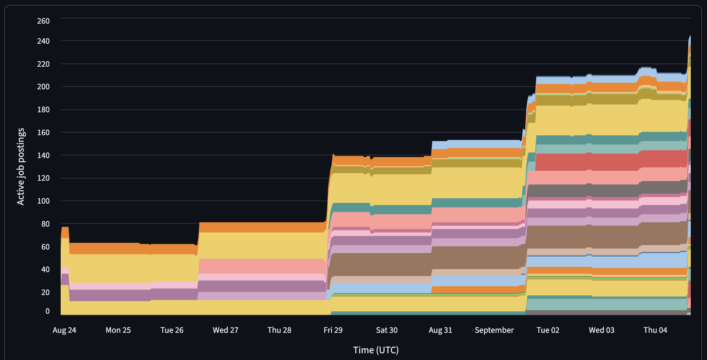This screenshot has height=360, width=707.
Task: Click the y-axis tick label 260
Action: [43, 21]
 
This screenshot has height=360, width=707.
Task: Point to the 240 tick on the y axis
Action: [43, 41]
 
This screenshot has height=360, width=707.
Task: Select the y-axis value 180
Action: [43, 109]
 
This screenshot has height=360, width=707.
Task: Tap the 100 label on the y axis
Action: [43, 201]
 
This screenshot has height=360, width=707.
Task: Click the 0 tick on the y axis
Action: [47, 311]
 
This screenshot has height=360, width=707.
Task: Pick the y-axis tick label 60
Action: [45, 247]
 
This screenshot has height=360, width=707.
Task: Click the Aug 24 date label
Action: [64, 330]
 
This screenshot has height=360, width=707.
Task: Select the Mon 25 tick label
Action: [118, 330]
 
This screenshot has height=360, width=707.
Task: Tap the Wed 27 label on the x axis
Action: [225, 330]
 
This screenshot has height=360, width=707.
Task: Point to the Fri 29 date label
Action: [333, 330]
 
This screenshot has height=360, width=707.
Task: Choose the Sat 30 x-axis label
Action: [387, 330]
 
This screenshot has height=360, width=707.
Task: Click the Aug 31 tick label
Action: [440, 330]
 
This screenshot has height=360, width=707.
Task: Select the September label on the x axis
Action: [494, 330]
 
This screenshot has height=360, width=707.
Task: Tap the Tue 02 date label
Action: [548, 330]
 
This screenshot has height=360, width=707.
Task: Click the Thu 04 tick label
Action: [655, 330]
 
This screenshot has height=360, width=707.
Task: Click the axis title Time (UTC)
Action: [376, 350]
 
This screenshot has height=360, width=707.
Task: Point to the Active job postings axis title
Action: [21, 166]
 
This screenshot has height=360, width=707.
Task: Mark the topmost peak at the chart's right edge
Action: [690, 36]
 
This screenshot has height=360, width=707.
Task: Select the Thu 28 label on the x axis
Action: [279, 330]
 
